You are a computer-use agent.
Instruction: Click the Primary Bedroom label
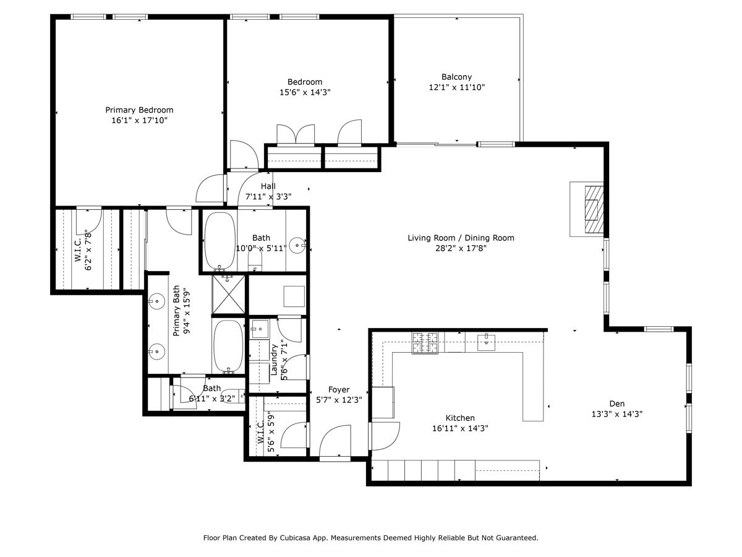[139, 110]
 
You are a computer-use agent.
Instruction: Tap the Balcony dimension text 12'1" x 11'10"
[457, 87]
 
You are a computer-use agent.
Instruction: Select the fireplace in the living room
[594, 209]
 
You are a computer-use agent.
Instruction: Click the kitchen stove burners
[425, 343]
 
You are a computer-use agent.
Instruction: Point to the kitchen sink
[486, 343]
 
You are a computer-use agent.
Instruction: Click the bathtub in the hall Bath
[220, 241]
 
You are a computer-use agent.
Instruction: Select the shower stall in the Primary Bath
[229, 295]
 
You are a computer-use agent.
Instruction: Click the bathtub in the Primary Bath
[229, 345]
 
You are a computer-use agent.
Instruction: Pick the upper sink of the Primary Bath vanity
[156, 301]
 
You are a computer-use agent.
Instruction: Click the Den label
[617, 404]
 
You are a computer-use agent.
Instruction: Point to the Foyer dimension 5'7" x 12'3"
[339, 400]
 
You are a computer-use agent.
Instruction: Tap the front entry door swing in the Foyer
[335, 441]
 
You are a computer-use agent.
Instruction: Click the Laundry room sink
[260, 329]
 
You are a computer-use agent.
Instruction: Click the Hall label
[268, 186]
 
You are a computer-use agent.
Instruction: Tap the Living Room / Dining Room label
[461, 238]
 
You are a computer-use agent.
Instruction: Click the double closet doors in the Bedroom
[296, 134]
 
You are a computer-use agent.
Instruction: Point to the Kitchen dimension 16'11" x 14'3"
[460, 428]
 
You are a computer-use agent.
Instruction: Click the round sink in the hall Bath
[297, 245]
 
